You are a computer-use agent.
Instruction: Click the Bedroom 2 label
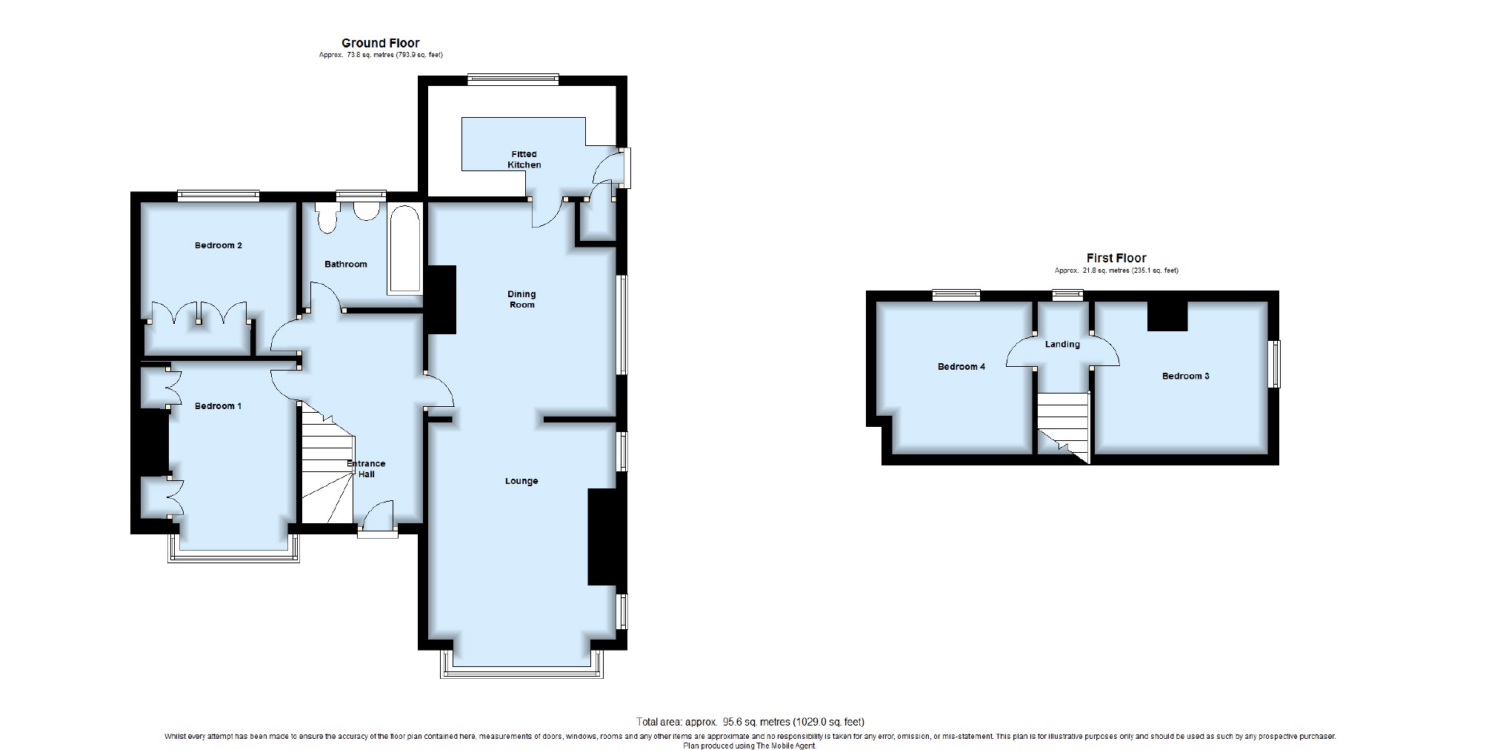pos(219,245)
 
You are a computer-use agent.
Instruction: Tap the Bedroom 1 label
pos(218,406)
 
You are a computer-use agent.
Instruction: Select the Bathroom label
pos(346,264)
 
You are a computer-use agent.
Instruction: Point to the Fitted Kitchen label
pos(524,159)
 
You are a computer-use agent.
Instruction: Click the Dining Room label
pos(521,299)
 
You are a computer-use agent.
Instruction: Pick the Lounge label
pos(521,481)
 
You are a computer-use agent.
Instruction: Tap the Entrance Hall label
pos(367,469)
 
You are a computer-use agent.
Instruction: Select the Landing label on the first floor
pos(1062,345)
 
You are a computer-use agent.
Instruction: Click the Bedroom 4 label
pos(961,367)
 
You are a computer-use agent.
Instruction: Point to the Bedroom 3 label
pos(1186,376)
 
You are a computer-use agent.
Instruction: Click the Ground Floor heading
pos(381,43)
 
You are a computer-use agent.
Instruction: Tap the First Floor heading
pos(1116,258)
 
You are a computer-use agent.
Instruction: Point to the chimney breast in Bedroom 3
pos(1167,316)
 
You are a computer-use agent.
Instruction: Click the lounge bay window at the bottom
pos(522,665)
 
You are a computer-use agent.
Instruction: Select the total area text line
pos(750,722)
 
